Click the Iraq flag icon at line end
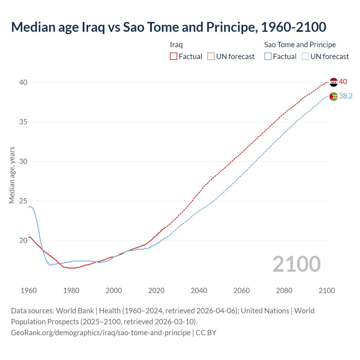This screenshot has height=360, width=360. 334,82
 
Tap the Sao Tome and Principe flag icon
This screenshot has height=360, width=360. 334,96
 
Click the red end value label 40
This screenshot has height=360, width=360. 343,82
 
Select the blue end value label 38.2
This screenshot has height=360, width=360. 346,96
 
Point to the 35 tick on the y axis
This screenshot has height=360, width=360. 23,122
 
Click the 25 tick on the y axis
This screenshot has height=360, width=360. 23,201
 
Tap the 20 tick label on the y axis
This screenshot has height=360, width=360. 23,240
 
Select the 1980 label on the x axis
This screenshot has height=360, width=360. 71,291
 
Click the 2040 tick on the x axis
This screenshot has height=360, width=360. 199,291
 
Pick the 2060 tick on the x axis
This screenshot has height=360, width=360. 242,291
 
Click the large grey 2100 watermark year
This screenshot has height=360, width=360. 297,264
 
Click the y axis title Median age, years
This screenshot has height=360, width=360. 12,175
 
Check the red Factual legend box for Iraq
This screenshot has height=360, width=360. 174,57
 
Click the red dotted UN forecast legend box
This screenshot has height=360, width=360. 211,57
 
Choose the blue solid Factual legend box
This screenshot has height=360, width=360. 268,57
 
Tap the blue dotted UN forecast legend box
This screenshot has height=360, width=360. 305,57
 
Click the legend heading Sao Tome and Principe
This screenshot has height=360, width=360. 300,45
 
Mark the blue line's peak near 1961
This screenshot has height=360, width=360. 30,206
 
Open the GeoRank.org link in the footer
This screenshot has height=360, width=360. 101,333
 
